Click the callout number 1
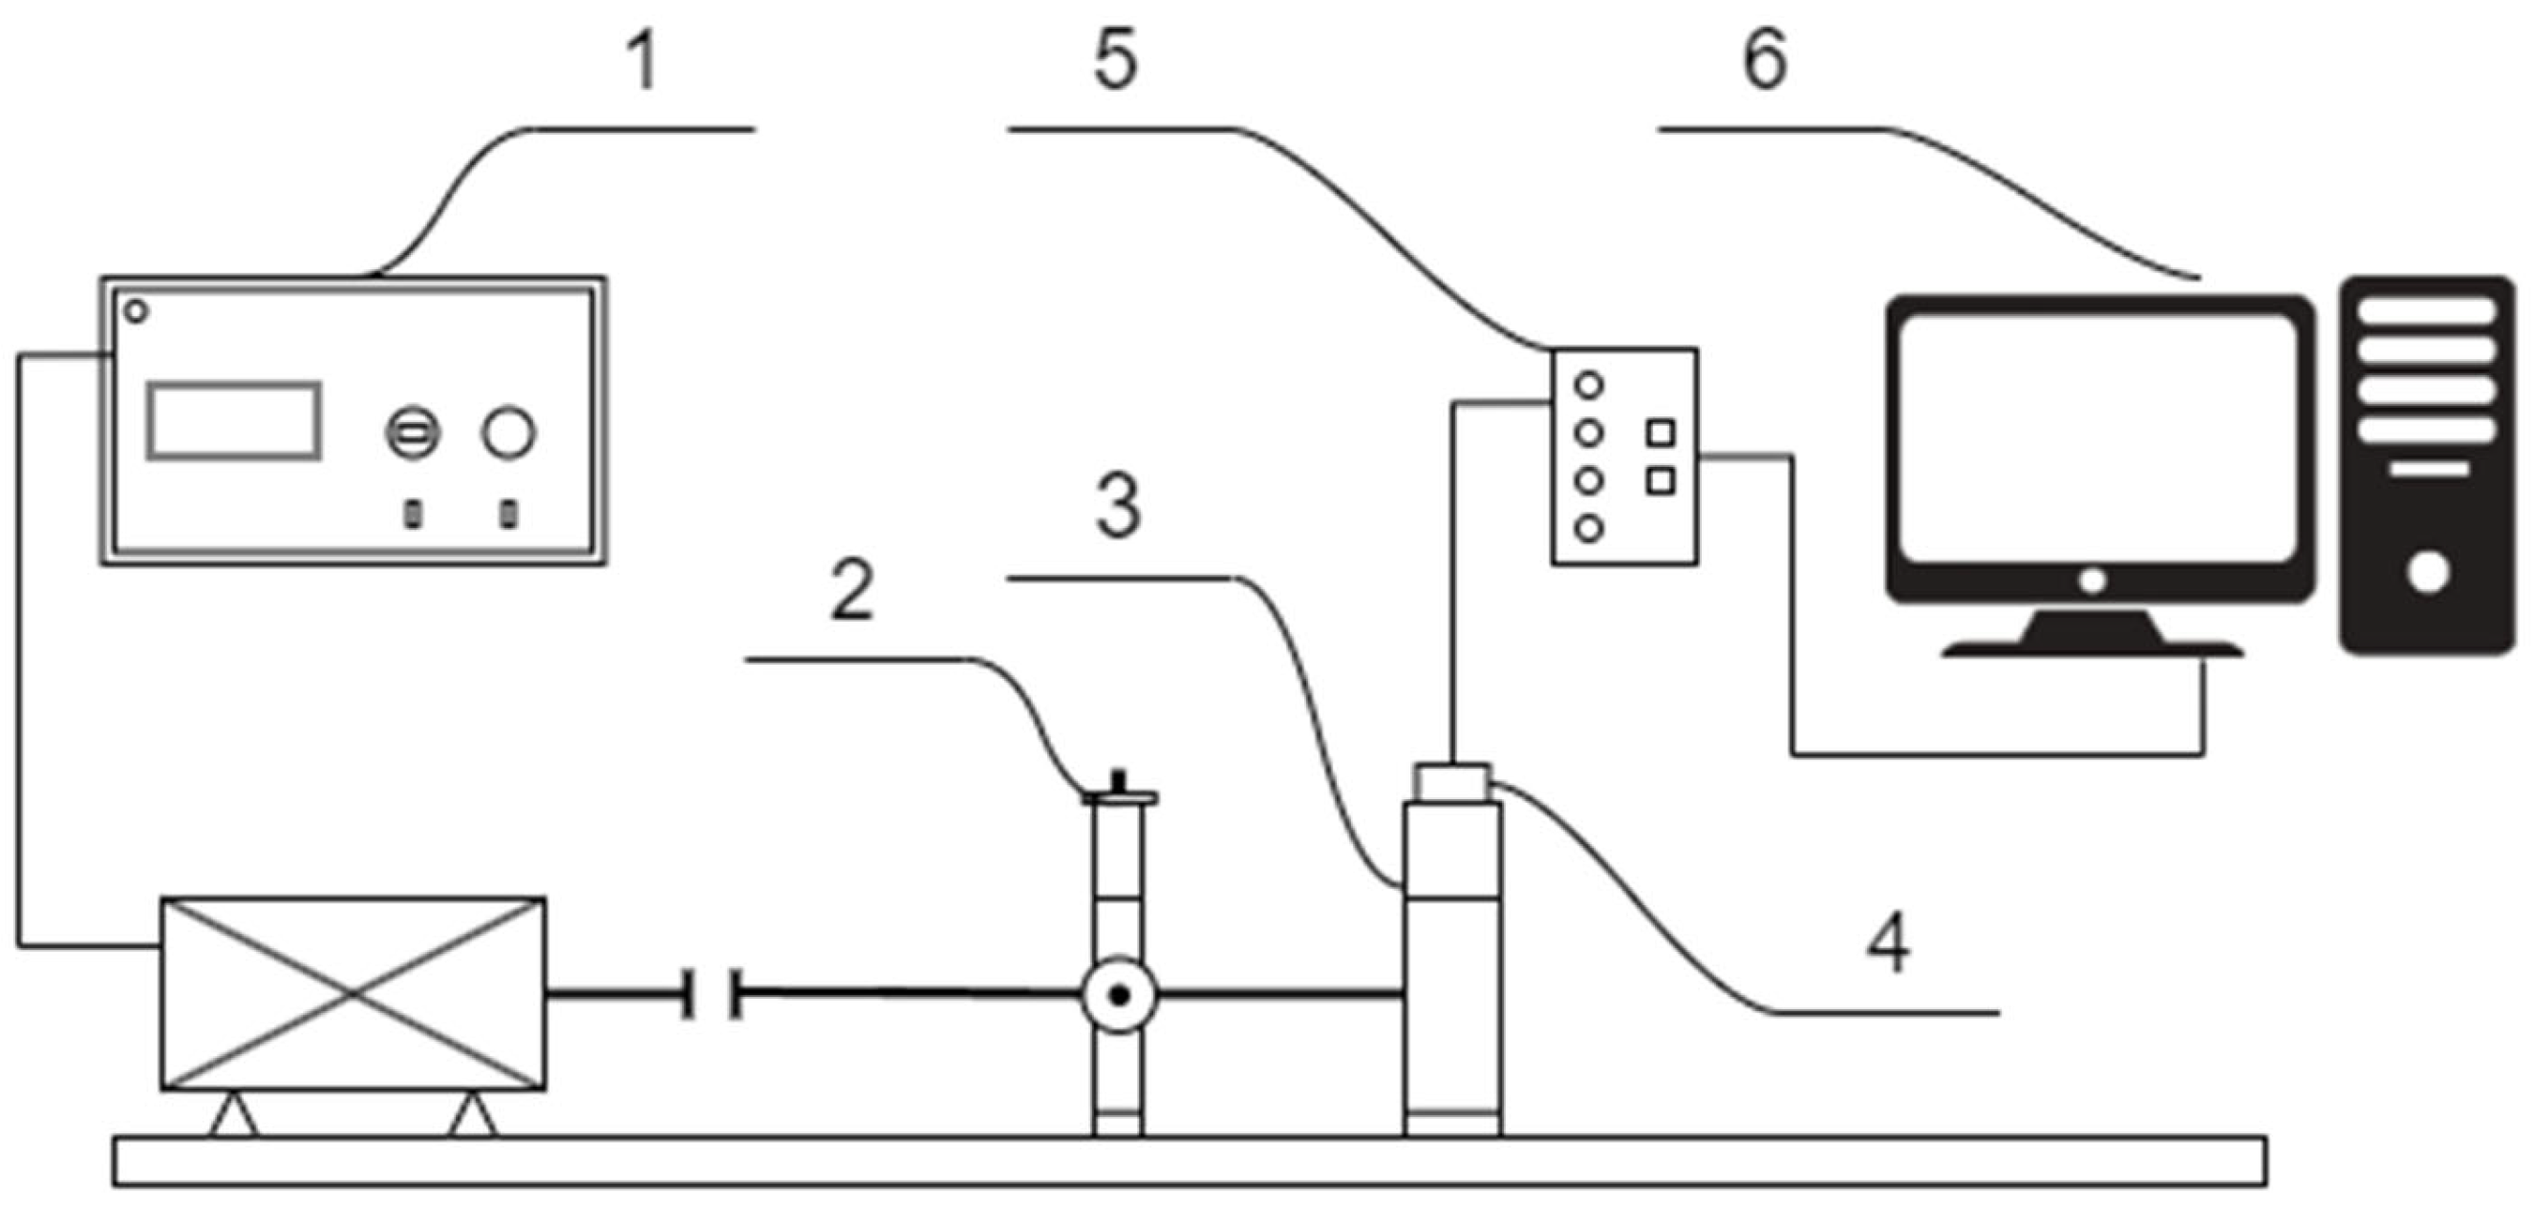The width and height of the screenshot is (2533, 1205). click(x=643, y=61)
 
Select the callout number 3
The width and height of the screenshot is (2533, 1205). click(x=1118, y=507)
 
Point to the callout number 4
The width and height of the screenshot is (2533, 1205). click(x=1888, y=942)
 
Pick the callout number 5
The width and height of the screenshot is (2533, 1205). click(x=1115, y=61)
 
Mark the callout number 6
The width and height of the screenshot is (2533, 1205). click(x=1765, y=61)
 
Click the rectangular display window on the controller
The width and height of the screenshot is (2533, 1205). click(x=234, y=421)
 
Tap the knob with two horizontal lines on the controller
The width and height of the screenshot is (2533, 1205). click(x=412, y=433)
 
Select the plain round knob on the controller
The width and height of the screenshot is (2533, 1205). click(x=507, y=433)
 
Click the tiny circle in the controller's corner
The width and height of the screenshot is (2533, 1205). click(x=137, y=311)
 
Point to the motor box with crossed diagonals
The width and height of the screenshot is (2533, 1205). click(x=353, y=994)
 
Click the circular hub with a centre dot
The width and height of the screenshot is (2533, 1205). click(x=1119, y=997)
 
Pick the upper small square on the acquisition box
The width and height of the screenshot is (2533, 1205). click(x=1661, y=433)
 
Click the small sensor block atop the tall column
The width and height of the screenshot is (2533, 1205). click(x=1453, y=783)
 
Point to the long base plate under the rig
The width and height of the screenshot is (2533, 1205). click(x=1190, y=1162)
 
